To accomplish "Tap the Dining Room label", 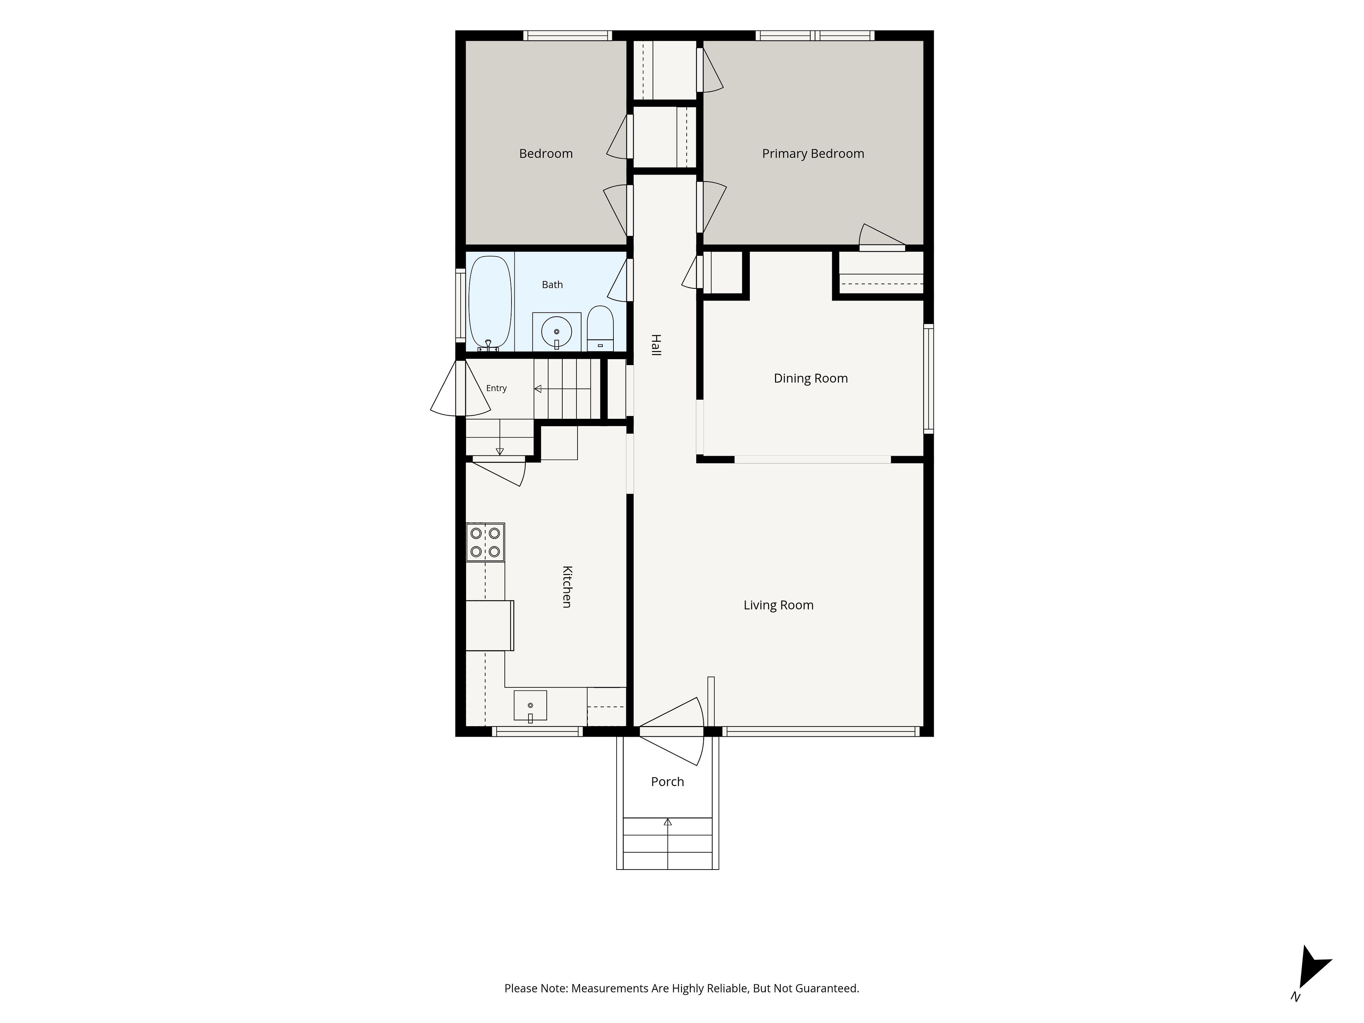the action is coord(811,379).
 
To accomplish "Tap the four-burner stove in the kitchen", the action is coord(485,542).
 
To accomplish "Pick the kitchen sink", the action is coord(530,705).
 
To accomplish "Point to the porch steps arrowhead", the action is coord(668,822).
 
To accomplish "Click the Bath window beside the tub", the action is coord(460,305).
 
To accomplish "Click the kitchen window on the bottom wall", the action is coord(537,732).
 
